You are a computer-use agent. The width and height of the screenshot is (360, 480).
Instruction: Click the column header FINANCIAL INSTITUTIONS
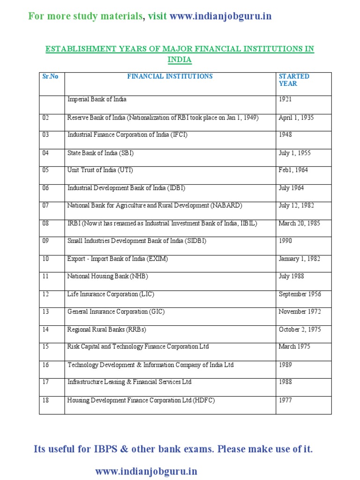(x=170, y=76)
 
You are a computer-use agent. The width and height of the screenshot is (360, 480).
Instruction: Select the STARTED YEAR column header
(x=294, y=80)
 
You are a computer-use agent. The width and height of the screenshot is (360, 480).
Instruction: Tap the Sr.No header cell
(x=50, y=76)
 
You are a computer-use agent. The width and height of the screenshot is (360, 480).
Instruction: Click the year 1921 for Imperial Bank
(x=285, y=99)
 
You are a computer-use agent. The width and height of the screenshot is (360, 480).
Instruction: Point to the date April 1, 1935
(x=296, y=118)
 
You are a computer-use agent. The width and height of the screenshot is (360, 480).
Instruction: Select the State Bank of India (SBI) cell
(x=104, y=153)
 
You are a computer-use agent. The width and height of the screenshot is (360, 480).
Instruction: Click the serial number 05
(x=45, y=171)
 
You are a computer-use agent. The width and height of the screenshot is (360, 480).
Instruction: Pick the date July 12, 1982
(x=297, y=205)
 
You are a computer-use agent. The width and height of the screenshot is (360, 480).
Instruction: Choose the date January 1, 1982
(x=299, y=259)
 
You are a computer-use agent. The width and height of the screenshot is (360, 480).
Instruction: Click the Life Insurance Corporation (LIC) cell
(x=111, y=294)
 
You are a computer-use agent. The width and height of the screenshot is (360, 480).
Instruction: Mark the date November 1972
(x=299, y=312)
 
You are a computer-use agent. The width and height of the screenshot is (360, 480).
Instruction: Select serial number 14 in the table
(x=45, y=330)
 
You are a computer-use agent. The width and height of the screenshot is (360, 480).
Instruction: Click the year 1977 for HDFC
(x=285, y=400)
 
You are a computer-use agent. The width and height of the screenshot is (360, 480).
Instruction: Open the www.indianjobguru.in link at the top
(x=220, y=16)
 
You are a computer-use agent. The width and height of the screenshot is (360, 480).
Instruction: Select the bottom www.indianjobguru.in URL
(x=146, y=471)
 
